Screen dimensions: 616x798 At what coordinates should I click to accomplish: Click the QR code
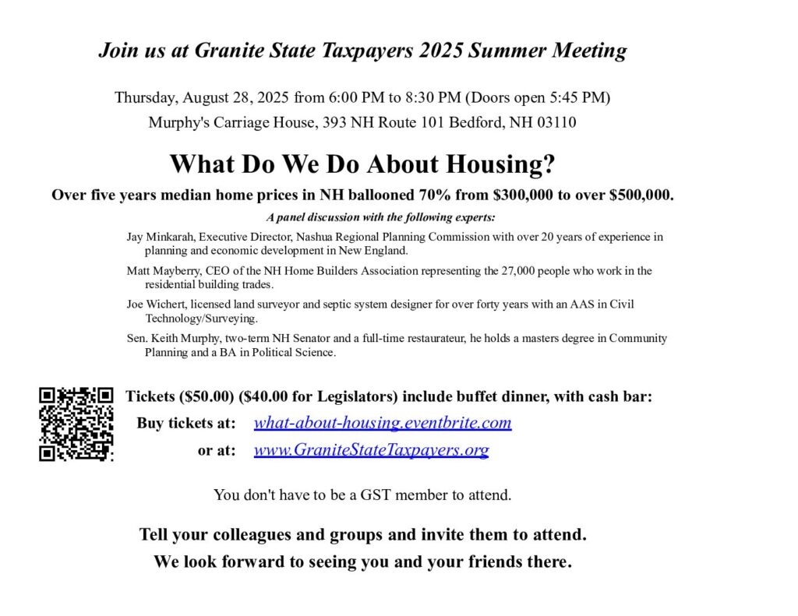(x=76, y=424)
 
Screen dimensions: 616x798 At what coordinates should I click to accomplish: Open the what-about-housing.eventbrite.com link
(x=383, y=423)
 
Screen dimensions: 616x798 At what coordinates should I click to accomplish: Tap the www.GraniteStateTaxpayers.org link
(x=371, y=450)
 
